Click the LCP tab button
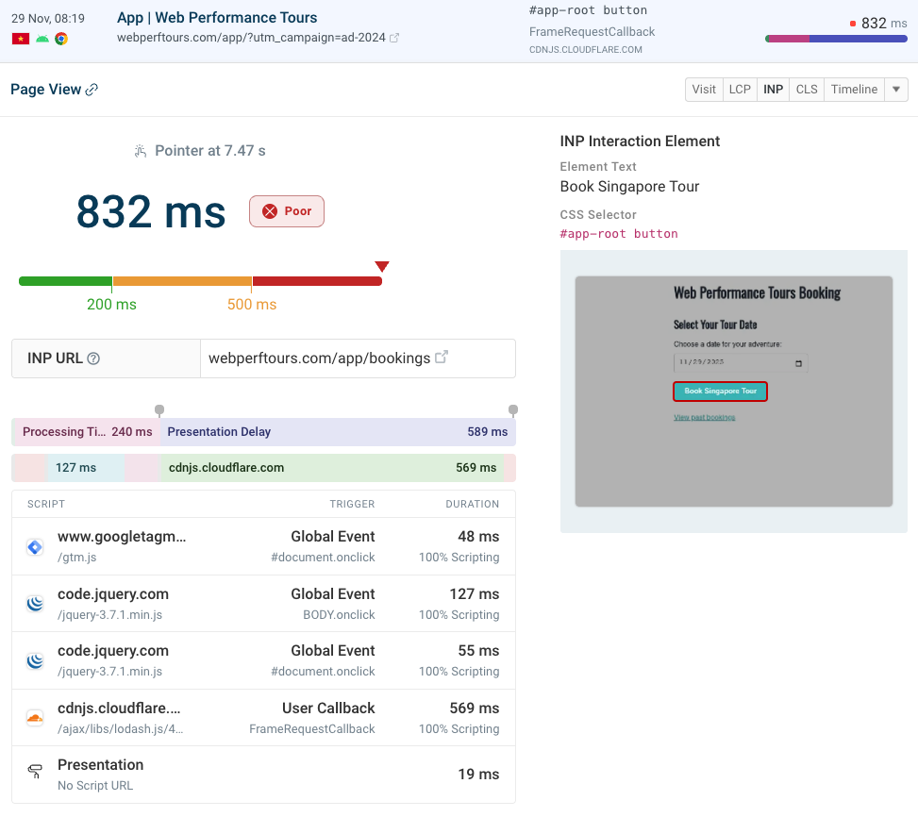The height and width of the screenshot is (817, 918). click(x=740, y=90)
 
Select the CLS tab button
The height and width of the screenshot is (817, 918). click(x=807, y=90)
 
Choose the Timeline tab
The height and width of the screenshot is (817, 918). click(x=854, y=90)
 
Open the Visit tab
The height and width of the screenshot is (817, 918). click(x=704, y=90)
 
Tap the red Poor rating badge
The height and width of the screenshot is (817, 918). click(x=287, y=211)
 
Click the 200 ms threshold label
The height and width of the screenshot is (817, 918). click(x=111, y=304)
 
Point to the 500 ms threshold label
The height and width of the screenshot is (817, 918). click(x=252, y=304)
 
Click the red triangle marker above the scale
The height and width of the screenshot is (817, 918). click(x=382, y=267)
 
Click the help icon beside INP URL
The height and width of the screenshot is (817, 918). click(x=93, y=358)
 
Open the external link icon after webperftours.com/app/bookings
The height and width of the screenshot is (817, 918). click(x=441, y=358)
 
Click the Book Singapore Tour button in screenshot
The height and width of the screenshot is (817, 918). click(x=720, y=391)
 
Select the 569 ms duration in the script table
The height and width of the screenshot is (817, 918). click(x=475, y=709)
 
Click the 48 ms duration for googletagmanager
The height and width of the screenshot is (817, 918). click(x=479, y=537)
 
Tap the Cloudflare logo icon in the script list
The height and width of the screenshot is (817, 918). click(x=35, y=718)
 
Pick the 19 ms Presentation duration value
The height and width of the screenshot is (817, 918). click(x=478, y=774)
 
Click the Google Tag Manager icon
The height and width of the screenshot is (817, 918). click(x=35, y=546)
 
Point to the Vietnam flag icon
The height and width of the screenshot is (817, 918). click(x=20, y=39)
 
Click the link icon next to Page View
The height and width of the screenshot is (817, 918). click(x=92, y=90)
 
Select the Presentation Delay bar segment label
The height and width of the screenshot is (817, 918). click(x=219, y=432)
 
